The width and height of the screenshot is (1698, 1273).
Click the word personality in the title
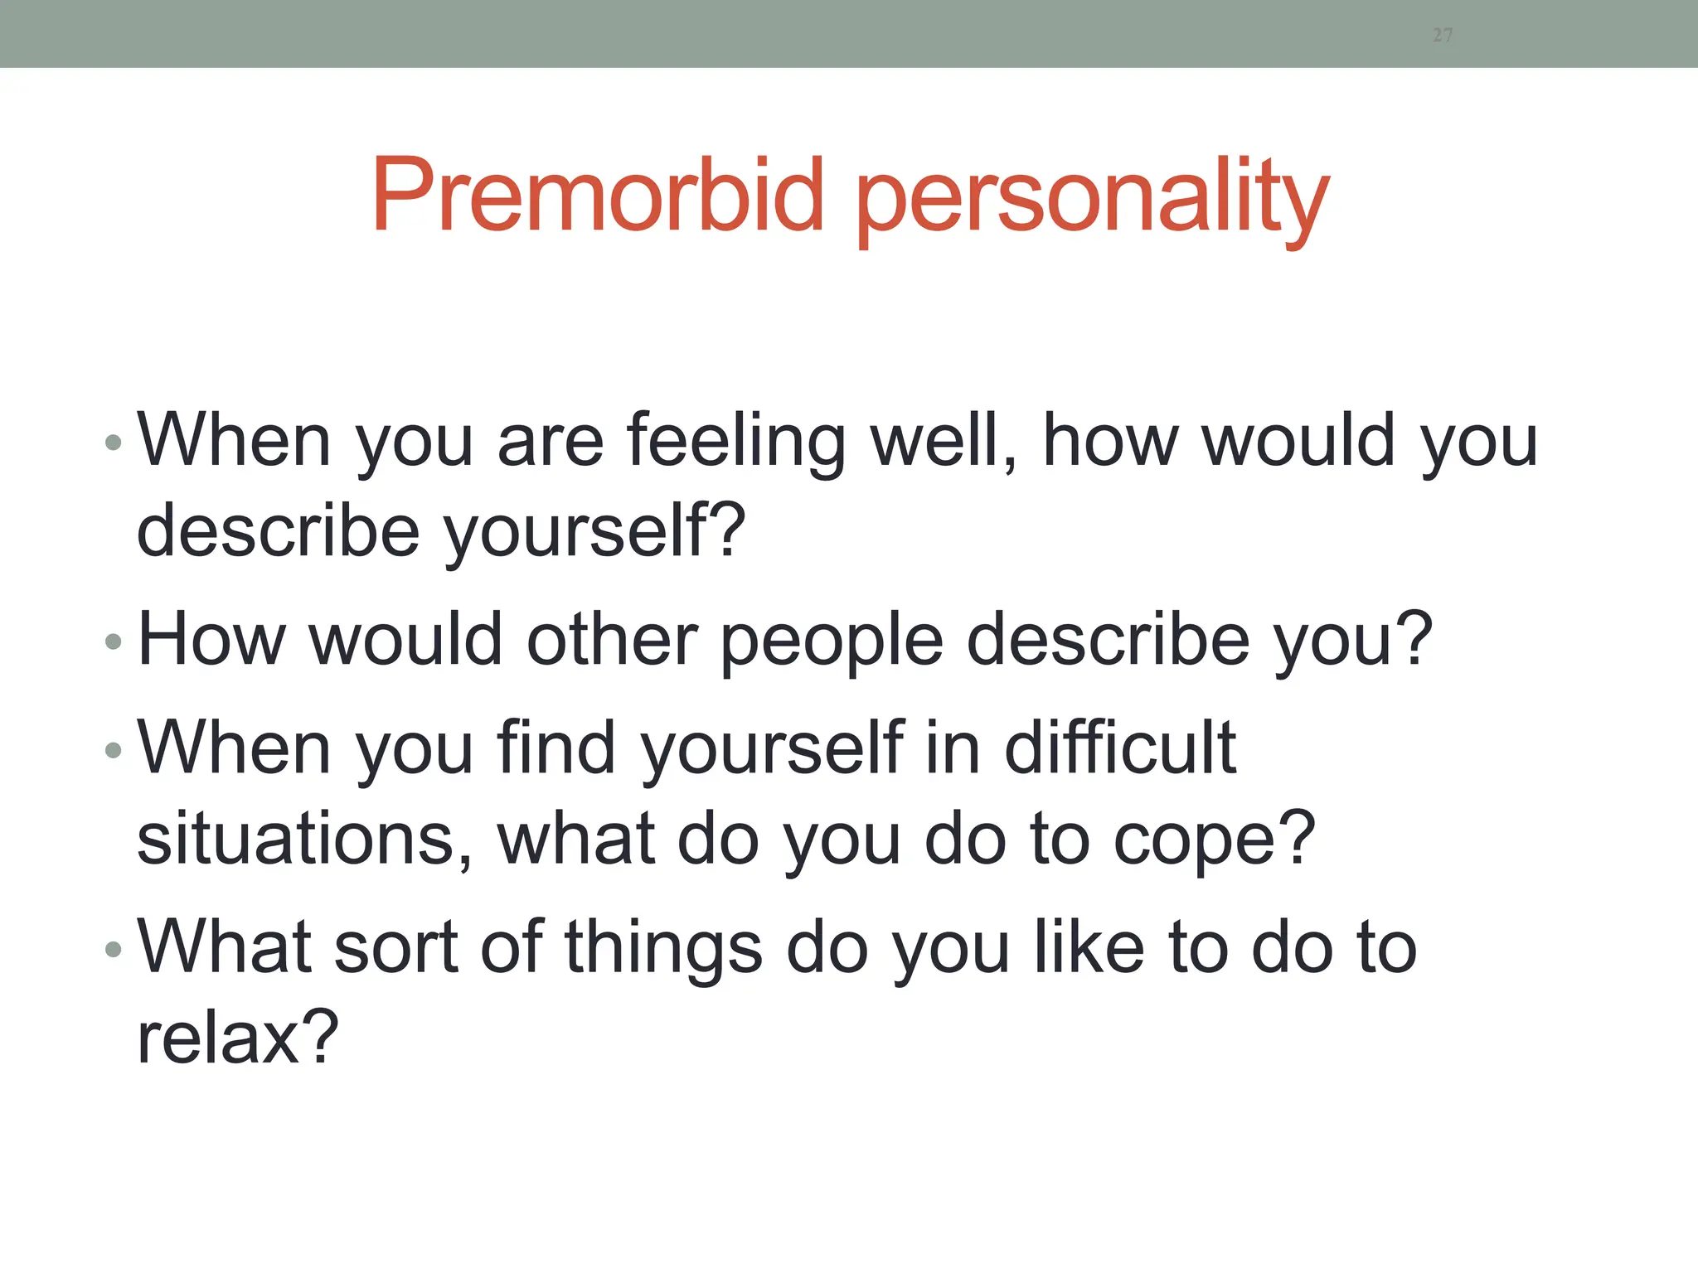coord(1092,199)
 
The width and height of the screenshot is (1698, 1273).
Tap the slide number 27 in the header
coord(1443,35)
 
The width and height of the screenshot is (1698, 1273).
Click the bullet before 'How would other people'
coord(114,641)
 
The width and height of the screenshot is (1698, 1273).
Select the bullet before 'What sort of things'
coord(114,949)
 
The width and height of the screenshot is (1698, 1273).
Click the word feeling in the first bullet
coord(736,442)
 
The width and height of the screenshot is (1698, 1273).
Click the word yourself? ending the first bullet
coord(594,532)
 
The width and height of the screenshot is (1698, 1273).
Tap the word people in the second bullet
coord(832,641)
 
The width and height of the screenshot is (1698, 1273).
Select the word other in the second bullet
coord(612,640)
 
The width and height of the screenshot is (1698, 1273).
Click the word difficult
coord(1120,748)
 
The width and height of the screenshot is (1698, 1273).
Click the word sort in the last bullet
coord(395,947)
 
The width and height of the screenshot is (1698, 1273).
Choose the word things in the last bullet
coord(663,949)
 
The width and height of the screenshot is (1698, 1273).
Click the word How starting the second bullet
coord(212,640)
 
